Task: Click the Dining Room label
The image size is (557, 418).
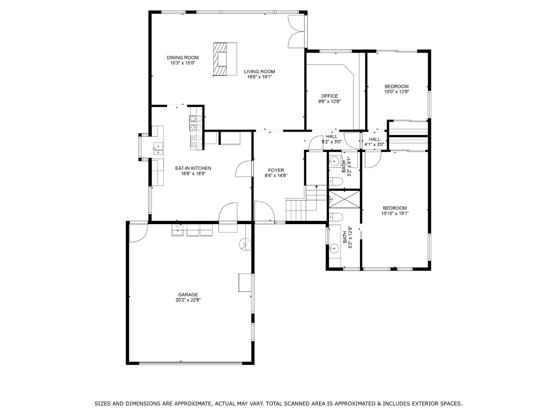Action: (x=183, y=58)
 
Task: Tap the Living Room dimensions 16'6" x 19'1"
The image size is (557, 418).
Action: (x=260, y=77)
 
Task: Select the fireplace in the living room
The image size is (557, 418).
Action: (x=225, y=59)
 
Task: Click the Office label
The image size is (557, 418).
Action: (x=329, y=96)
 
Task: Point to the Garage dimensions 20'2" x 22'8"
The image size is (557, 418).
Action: (x=188, y=300)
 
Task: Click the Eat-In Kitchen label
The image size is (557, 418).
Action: (x=193, y=168)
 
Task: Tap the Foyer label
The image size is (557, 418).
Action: (x=276, y=170)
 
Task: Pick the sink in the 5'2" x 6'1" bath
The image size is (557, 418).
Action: (x=335, y=161)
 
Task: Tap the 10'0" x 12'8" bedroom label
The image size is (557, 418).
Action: (x=396, y=87)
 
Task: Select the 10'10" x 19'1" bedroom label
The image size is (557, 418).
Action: (x=395, y=208)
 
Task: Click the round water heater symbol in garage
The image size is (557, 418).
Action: (x=245, y=244)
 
